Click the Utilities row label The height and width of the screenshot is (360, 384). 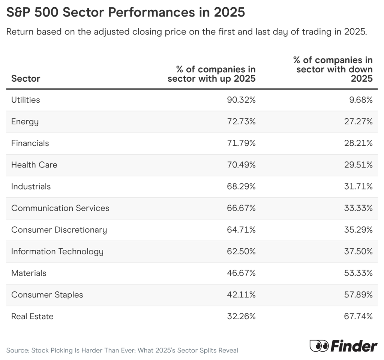tap(25, 100)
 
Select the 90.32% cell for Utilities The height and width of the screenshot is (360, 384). tap(241, 100)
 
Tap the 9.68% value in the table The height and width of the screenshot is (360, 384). tap(359, 100)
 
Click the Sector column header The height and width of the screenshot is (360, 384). tap(25, 79)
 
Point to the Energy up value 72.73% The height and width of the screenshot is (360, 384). tap(241, 122)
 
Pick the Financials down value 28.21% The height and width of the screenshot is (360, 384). tap(358, 143)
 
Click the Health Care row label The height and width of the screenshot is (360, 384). tap(34, 165)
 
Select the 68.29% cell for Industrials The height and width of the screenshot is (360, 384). tap(241, 187)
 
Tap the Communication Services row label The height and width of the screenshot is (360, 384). tap(60, 208)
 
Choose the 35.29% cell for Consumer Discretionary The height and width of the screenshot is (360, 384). tap(358, 230)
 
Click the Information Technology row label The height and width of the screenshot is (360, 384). tap(57, 251)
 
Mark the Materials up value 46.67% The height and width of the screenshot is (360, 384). tap(241, 273)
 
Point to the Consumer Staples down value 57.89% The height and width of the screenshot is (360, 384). tap(358, 295)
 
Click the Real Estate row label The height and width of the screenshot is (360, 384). tap(32, 317)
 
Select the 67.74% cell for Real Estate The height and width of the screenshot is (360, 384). tap(358, 317)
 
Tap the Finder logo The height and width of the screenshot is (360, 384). tap(343, 346)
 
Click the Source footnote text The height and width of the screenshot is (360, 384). tap(122, 351)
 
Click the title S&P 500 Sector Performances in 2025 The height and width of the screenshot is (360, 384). tap(126, 12)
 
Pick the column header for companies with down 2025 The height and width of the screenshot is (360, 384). tap(333, 69)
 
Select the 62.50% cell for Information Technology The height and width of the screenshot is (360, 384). tap(241, 251)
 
